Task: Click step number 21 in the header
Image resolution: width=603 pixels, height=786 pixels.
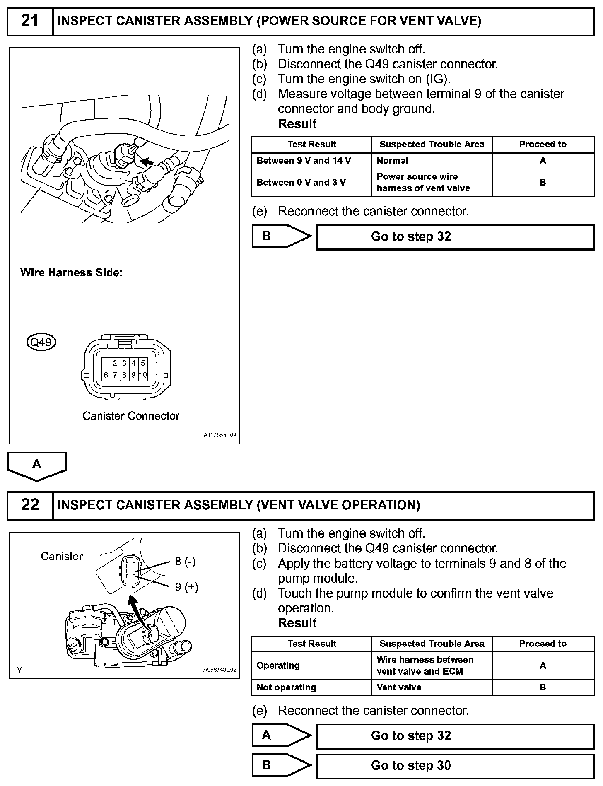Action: click(x=30, y=21)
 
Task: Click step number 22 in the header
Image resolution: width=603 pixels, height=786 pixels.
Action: click(x=30, y=505)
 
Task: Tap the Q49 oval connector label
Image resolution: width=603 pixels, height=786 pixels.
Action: click(x=41, y=342)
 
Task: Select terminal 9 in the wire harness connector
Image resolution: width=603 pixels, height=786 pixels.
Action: click(x=133, y=375)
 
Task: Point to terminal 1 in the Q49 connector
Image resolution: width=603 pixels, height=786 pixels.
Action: click(x=106, y=363)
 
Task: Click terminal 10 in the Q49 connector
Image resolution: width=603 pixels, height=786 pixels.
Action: click(x=143, y=375)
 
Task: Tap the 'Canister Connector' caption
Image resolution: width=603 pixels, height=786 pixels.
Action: click(x=131, y=416)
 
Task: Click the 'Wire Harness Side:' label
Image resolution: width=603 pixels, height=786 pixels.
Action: click(x=71, y=272)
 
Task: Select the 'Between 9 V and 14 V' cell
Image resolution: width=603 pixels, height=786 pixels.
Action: click(x=304, y=161)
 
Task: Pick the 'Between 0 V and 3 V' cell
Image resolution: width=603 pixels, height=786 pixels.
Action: click(x=301, y=182)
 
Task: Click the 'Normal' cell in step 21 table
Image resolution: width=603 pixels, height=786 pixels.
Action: click(x=392, y=161)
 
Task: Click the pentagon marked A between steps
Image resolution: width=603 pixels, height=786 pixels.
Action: click(x=37, y=465)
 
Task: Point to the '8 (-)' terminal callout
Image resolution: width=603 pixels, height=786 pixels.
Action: click(x=185, y=562)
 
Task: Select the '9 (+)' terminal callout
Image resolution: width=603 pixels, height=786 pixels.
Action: click(x=186, y=587)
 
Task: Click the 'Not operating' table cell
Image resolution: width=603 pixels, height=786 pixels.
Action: click(x=286, y=687)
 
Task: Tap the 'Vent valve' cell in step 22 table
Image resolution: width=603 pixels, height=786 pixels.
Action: click(x=399, y=687)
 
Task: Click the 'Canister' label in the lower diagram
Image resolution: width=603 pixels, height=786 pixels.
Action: click(x=62, y=556)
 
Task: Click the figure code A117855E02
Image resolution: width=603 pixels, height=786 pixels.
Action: click(x=220, y=435)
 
